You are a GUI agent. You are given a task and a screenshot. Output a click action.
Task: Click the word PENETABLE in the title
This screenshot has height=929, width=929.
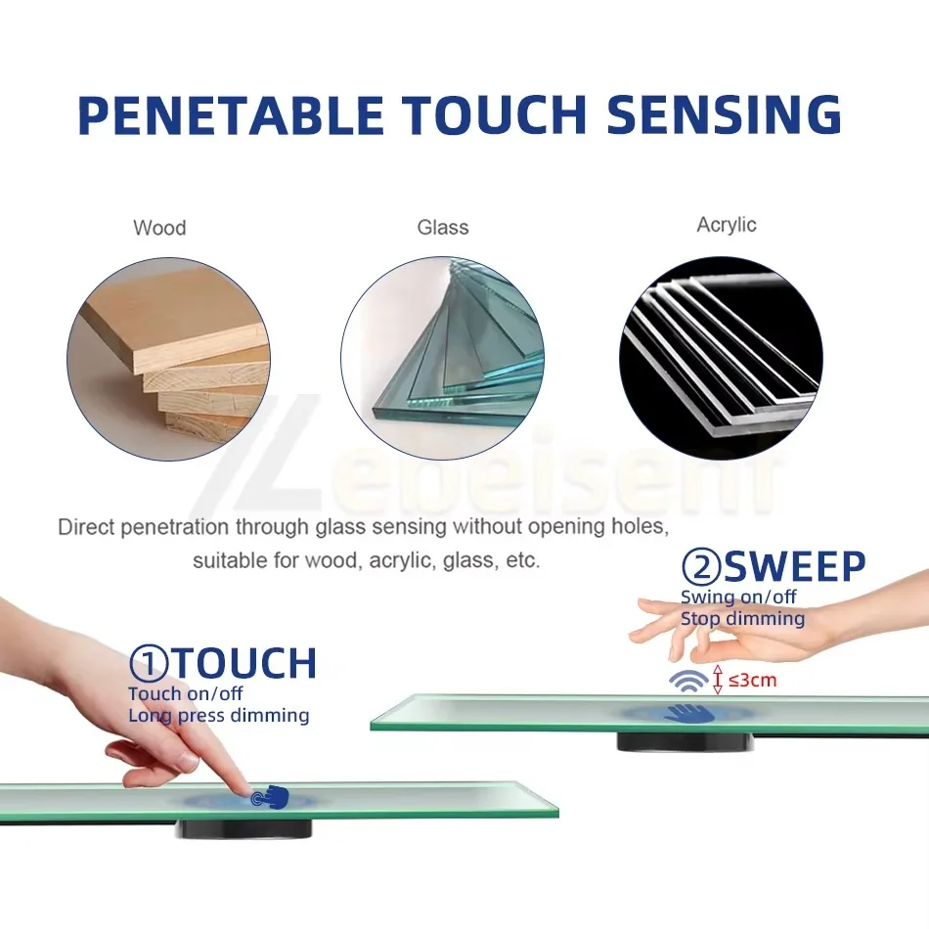point(231,113)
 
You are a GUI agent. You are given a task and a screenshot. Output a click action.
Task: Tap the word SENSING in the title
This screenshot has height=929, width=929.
point(724,113)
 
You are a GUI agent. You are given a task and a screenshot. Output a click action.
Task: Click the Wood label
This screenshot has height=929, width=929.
point(159,228)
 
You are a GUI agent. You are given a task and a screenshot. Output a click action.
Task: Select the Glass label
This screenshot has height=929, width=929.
point(443,227)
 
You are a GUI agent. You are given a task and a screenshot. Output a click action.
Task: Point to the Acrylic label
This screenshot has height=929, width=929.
point(727,225)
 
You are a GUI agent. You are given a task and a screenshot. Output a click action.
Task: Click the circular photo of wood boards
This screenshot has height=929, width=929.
point(169,359)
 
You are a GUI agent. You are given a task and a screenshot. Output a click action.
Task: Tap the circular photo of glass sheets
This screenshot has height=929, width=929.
point(443,358)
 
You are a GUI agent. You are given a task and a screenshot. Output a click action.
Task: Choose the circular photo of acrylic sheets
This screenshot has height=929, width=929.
point(721,358)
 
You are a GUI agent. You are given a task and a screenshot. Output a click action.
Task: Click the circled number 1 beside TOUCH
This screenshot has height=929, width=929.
point(148,662)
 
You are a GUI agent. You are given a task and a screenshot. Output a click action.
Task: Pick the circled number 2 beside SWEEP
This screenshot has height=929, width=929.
point(701,566)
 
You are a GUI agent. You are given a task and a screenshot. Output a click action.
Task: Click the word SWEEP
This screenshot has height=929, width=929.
point(794,566)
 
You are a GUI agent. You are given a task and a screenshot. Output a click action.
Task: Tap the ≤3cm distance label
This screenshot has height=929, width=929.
point(752,680)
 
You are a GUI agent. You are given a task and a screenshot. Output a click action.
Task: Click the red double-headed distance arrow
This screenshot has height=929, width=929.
point(718,680)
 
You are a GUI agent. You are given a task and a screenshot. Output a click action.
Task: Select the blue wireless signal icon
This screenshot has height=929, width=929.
point(688,681)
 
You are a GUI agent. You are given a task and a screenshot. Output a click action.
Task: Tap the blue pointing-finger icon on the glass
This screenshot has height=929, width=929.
point(270,796)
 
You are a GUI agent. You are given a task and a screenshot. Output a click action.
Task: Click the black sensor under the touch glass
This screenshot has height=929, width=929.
point(243,829)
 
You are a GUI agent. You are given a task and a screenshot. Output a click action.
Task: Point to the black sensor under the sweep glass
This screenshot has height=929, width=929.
point(686,742)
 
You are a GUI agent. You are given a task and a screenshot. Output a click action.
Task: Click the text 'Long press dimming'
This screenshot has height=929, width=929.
point(219,716)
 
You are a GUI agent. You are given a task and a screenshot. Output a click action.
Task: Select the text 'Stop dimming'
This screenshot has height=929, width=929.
point(742,619)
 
